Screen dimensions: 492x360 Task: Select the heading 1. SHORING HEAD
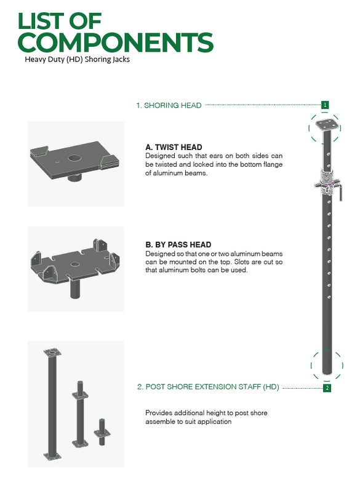(x=169, y=105)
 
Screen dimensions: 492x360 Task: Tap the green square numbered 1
(x=325, y=105)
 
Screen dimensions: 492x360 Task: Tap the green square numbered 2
(x=327, y=387)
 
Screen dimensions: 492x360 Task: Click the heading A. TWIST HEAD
(x=174, y=148)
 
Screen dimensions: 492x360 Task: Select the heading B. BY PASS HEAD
(x=178, y=245)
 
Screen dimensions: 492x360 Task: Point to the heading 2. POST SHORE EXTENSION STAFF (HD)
(x=207, y=387)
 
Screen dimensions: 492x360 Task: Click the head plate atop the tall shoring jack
(x=325, y=125)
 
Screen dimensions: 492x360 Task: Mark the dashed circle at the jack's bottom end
(x=326, y=365)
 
